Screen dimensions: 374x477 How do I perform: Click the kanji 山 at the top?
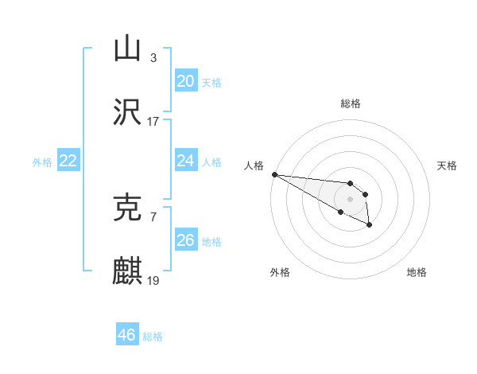(127, 49)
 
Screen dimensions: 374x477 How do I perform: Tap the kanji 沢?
(127, 112)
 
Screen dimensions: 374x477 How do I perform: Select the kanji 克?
(127, 208)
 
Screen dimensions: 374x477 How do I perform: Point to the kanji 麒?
(127, 271)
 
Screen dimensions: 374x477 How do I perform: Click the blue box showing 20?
(185, 81)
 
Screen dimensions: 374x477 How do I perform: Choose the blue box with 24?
(185, 161)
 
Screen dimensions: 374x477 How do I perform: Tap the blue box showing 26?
(185, 240)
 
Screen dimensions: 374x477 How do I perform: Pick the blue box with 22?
(68, 161)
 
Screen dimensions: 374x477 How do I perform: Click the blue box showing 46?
(126, 335)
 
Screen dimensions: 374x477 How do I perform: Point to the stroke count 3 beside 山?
(153, 58)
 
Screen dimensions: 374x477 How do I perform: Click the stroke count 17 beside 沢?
(153, 122)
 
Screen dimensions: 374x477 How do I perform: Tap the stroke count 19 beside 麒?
(153, 281)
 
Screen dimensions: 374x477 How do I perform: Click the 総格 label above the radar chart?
(351, 103)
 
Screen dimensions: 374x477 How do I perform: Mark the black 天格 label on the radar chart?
(448, 166)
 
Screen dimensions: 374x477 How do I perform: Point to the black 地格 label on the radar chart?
(417, 272)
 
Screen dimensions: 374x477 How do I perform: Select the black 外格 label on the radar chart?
(280, 272)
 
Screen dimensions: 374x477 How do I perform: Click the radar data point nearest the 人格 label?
(274, 174)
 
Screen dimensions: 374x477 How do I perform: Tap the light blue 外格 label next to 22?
(42, 162)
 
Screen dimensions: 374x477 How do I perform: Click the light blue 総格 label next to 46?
(153, 336)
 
